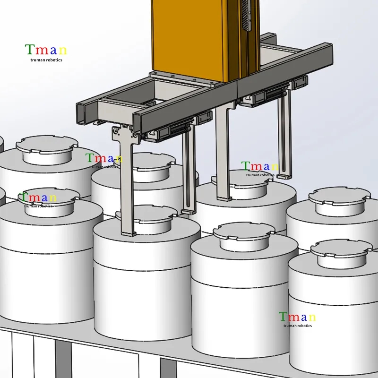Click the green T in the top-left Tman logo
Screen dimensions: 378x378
[x=29, y=49]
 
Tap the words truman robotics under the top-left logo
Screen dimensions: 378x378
[x=46, y=60]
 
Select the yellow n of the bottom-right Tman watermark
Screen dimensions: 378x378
[x=312, y=317]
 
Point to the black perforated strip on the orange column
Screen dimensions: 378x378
[x=246, y=15]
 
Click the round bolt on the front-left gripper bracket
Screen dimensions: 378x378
[x=116, y=132]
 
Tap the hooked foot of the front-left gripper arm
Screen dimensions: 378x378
[x=128, y=233]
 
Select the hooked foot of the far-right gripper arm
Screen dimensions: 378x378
[x=283, y=176]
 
